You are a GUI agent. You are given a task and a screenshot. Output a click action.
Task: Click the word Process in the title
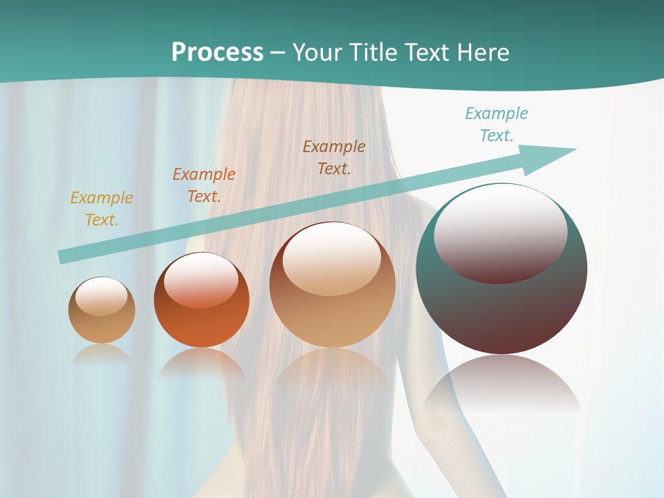tap(217, 52)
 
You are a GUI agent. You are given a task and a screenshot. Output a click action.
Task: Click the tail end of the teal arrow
tap(62, 257)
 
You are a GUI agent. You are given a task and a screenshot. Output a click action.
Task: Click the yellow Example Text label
tap(101, 208)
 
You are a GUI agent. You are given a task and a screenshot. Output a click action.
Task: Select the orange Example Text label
tap(204, 185)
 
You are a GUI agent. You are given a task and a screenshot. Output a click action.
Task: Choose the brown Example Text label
tap(334, 157)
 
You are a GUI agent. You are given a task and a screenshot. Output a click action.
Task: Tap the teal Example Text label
tap(497, 124)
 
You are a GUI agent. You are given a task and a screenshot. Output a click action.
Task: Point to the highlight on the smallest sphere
tap(101, 295)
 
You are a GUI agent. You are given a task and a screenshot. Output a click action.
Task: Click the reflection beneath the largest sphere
tap(501, 387)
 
